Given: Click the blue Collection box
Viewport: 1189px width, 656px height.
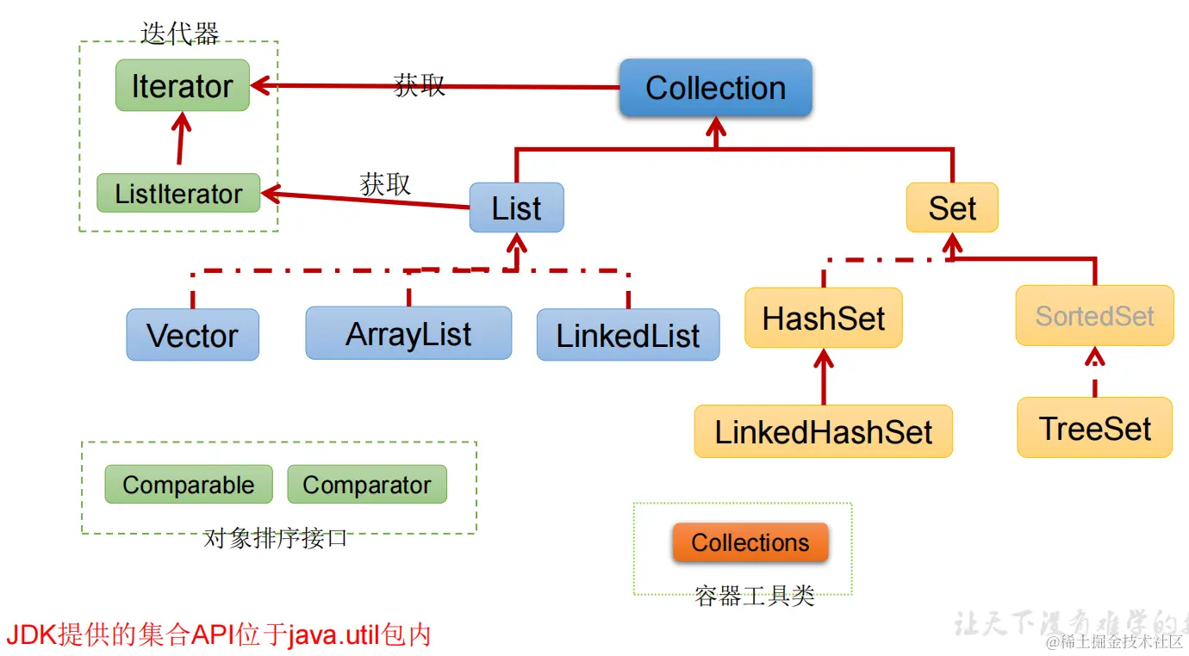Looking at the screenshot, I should (x=715, y=88).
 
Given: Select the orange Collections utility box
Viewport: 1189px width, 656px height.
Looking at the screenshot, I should (x=750, y=543).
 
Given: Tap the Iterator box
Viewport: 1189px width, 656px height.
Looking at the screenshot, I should (x=182, y=86).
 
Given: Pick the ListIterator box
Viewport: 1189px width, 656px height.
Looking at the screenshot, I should (x=178, y=194).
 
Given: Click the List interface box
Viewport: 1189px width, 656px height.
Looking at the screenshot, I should (x=516, y=207).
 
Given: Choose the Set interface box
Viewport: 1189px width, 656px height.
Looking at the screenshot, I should (x=952, y=207).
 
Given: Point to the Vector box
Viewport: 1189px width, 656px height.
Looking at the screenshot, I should (x=192, y=335).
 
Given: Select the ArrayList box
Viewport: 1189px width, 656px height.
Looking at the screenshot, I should (x=408, y=333).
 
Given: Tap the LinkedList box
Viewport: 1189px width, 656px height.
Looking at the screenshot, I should (x=627, y=335).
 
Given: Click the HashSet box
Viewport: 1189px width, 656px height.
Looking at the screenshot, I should (x=823, y=319).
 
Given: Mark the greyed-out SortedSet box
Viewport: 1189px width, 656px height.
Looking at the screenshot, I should (x=1094, y=316).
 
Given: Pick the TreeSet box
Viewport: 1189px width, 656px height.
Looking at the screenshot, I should (x=1094, y=428).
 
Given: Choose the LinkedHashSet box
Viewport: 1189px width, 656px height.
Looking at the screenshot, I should (x=823, y=431).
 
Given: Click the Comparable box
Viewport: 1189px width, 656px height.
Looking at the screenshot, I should (x=188, y=485).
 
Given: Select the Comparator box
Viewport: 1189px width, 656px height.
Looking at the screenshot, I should (x=366, y=485).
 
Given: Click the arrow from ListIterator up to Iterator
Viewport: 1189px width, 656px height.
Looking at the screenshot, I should (x=181, y=139).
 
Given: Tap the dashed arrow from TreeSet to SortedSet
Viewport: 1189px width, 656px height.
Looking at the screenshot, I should (x=1094, y=372).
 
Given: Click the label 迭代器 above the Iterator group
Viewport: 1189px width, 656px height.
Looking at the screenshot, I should (x=179, y=34).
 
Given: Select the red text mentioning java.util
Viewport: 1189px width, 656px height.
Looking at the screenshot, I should (x=218, y=635).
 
